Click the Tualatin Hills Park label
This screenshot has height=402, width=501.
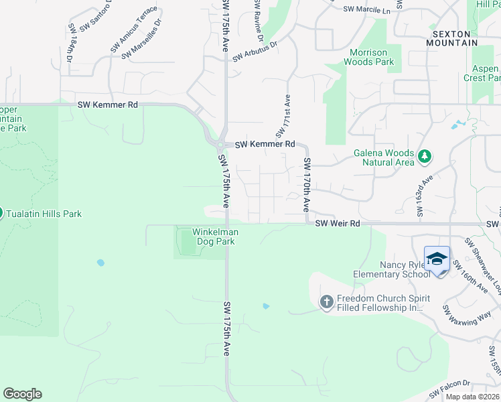(x=44, y=214)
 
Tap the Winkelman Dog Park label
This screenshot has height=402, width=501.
(x=216, y=237)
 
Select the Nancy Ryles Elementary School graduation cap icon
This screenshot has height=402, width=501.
(x=437, y=259)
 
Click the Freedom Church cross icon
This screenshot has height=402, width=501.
(x=327, y=302)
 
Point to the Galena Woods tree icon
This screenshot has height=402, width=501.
(x=423, y=157)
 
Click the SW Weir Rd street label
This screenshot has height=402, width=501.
(x=338, y=223)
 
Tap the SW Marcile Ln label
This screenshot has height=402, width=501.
(x=366, y=11)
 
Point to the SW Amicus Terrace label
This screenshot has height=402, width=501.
(x=134, y=29)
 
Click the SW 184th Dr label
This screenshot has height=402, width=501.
(x=70, y=44)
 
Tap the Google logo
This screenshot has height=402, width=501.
(x=22, y=394)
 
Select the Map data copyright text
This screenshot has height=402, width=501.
(x=472, y=397)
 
